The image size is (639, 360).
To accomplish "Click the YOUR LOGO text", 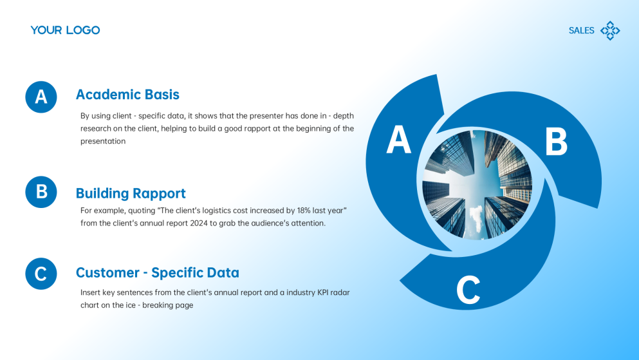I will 65,30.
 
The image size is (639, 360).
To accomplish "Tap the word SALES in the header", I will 581,30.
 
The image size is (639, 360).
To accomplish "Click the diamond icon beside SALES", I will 610,30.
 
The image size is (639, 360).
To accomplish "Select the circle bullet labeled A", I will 41,97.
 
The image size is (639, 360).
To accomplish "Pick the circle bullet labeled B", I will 41,192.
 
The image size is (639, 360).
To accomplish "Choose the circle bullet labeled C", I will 41,274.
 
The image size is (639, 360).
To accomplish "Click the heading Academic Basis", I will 127,95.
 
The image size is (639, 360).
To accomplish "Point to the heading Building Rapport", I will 131,193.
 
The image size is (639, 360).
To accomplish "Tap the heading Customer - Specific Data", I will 157,272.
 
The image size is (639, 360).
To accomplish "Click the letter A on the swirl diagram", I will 398,140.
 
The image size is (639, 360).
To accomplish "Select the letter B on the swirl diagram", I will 556,142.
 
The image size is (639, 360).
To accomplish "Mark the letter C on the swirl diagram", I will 468,290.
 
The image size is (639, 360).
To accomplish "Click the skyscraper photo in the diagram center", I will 477,184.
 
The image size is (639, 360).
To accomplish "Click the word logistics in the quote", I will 194,211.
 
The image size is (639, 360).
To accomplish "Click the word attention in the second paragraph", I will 308,223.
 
